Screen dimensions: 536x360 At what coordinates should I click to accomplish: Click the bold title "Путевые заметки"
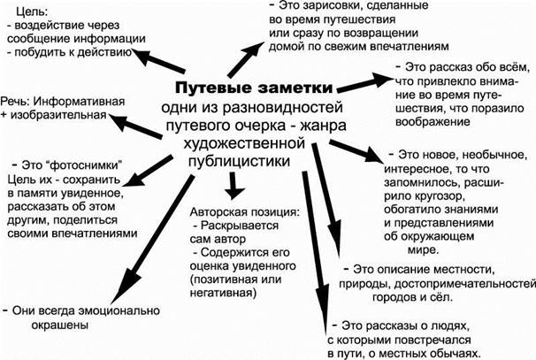click(254, 88)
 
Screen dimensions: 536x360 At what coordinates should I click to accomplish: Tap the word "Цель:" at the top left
click(32, 12)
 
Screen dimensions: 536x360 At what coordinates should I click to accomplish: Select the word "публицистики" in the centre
click(240, 162)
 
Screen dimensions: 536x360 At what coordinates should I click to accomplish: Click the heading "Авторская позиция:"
click(245, 212)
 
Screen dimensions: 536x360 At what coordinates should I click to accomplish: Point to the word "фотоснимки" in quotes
click(73, 165)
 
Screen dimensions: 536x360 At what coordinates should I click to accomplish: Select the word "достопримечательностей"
click(465, 284)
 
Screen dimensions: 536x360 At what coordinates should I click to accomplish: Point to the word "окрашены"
click(60, 325)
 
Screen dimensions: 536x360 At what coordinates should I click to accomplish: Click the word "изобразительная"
click(58, 115)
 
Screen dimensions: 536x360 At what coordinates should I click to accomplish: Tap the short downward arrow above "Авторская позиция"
click(234, 186)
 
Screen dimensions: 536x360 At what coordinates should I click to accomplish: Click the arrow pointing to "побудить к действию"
click(158, 61)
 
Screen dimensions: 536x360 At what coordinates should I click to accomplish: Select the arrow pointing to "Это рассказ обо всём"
click(365, 82)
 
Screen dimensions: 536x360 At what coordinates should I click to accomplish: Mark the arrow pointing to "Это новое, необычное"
click(357, 150)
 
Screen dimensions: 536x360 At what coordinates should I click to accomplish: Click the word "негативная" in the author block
click(223, 293)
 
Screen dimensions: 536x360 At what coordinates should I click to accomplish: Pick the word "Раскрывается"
click(240, 226)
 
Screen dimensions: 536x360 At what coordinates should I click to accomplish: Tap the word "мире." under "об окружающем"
click(423, 250)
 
